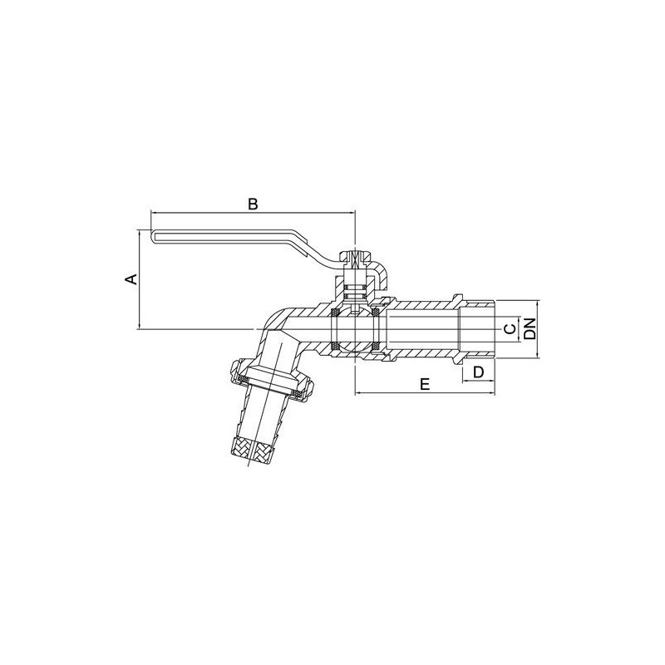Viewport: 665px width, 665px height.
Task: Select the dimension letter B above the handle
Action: (254, 204)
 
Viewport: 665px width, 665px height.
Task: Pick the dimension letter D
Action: (478, 372)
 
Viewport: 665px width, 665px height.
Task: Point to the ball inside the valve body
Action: (357, 328)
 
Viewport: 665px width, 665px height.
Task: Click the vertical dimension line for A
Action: (139, 279)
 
